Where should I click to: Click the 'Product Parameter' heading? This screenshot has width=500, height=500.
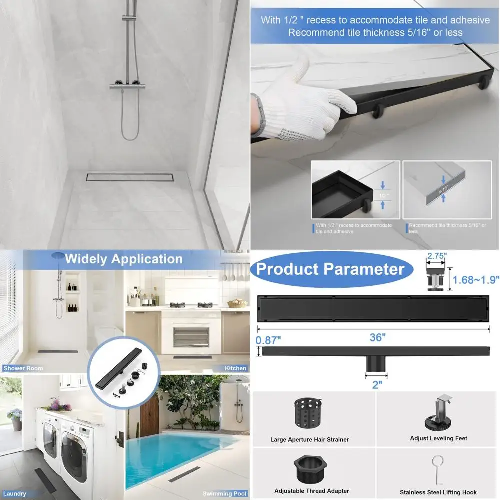[x=330, y=269]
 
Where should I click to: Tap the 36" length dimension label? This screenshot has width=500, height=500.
[x=378, y=337]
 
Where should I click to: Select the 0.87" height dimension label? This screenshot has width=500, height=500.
[x=269, y=340]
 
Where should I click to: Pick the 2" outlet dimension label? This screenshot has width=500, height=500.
[x=377, y=384]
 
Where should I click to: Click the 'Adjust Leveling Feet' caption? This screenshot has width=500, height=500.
[x=438, y=438]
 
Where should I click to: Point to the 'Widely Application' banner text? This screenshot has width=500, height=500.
[x=124, y=259]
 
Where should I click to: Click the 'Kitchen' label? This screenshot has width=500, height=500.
[x=235, y=368]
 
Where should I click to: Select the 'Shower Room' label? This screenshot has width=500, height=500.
[x=23, y=368]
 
